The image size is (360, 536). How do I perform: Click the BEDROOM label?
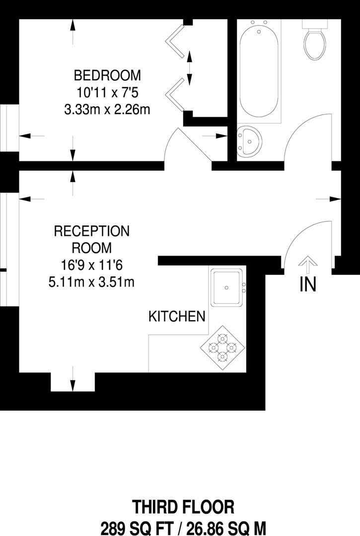click(107, 76)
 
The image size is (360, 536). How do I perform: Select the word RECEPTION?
click(91, 231)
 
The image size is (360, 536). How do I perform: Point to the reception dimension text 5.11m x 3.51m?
click(91, 282)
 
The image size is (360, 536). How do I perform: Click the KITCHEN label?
click(177, 316)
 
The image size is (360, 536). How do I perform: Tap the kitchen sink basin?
click(226, 287)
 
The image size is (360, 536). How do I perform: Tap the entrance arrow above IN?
click(308, 266)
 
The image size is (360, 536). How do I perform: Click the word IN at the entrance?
click(308, 285)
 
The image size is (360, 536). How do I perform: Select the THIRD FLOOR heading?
click(183, 507)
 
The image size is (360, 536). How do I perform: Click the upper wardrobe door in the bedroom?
click(176, 40)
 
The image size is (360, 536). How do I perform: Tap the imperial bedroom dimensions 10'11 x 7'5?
click(107, 93)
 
